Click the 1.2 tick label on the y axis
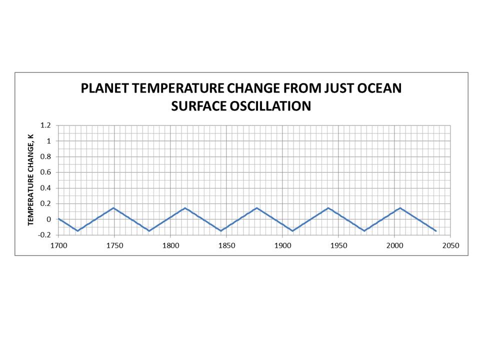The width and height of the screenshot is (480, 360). pos(46,125)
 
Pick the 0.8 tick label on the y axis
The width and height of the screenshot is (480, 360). pos(46,157)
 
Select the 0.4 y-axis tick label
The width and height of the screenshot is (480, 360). pos(46,188)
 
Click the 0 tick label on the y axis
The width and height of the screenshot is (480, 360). pos(49,219)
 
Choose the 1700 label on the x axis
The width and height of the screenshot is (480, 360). pos(58,245)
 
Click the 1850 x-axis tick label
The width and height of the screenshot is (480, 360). pos(226,245)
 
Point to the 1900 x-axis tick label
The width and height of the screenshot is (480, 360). pos(282,245)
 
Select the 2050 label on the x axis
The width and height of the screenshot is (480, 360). pos(450,245)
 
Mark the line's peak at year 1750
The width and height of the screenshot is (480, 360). pos(114,208)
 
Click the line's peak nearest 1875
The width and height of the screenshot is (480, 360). pos(256,208)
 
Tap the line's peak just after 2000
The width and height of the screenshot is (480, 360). pos(400,208)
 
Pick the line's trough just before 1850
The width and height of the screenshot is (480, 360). pos(221,230)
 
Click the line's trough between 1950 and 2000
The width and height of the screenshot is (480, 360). pos(364,230)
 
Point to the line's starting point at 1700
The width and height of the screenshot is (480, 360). pos(58,218)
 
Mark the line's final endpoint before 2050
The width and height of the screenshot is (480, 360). pos(436,231)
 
